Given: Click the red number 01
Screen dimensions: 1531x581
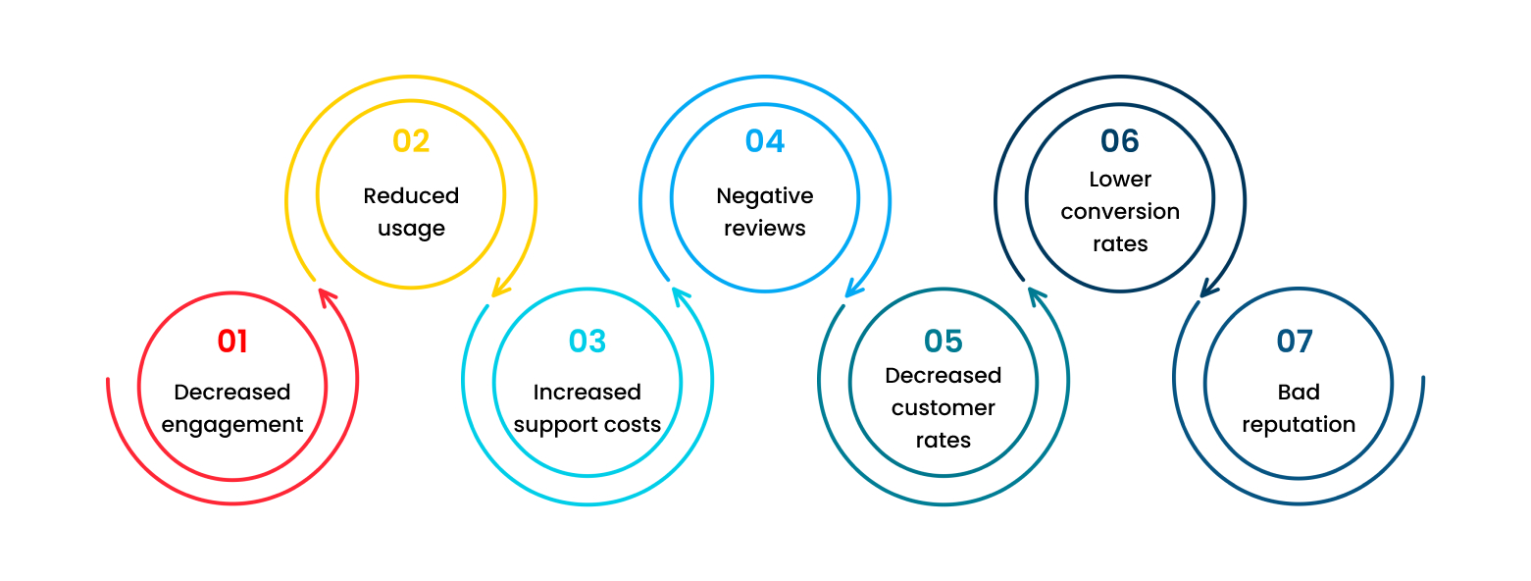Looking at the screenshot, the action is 232,342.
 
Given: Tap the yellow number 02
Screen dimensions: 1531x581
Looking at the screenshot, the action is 411,140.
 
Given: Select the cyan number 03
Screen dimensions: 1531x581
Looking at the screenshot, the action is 587,342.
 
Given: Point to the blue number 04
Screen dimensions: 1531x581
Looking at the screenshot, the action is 765,140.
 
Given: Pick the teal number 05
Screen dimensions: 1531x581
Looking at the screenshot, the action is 944,342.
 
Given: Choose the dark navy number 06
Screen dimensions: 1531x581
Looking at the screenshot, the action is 1119,140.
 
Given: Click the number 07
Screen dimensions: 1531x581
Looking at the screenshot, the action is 1295,342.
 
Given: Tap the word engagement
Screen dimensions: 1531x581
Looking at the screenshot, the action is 232,426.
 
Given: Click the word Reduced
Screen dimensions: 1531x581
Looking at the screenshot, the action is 411,196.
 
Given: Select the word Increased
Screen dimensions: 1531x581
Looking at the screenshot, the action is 587,393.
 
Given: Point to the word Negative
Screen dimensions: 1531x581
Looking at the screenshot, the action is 765,197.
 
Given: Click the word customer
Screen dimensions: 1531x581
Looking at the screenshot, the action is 944,408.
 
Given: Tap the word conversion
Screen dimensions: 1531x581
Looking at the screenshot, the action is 1120,212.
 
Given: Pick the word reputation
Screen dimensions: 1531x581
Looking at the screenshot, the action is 1299,426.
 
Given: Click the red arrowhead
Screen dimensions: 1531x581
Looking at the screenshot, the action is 328,297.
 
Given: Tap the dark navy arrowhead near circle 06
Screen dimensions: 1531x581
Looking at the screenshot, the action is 1209,288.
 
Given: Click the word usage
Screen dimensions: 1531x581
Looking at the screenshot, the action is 411,230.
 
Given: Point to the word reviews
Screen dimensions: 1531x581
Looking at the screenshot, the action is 765,229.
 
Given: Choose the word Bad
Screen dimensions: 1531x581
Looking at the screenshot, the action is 1299,393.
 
